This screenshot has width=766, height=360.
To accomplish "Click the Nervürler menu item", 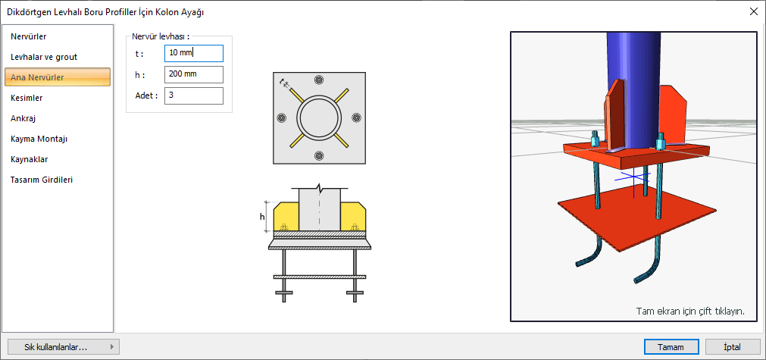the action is (29, 36).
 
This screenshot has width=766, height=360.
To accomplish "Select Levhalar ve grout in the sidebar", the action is (44, 57).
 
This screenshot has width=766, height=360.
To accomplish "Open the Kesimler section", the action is (27, 98).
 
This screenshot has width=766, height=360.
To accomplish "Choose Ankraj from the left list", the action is (23, 118).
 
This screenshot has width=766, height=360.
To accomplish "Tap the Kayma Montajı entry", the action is (39, 139).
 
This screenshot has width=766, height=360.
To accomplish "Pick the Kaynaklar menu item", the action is (29, 159).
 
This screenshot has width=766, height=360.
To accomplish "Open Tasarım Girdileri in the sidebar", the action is (42, 180).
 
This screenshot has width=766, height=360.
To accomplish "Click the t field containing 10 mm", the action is (194, 53).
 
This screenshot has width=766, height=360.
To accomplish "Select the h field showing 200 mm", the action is (194, 74).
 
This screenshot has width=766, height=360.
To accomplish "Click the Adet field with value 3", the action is (194, 95).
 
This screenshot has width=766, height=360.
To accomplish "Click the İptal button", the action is (733, 347).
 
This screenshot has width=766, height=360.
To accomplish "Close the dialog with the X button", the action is (753, 12).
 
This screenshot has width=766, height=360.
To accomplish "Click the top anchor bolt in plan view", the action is (319, 80).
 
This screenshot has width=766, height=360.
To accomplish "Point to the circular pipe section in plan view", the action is (319, 117).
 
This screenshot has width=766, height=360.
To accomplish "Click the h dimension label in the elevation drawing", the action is (262, 217).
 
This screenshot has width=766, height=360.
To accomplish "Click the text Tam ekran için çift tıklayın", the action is (690, 311).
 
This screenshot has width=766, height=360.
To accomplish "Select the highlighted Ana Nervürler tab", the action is (58, 77).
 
